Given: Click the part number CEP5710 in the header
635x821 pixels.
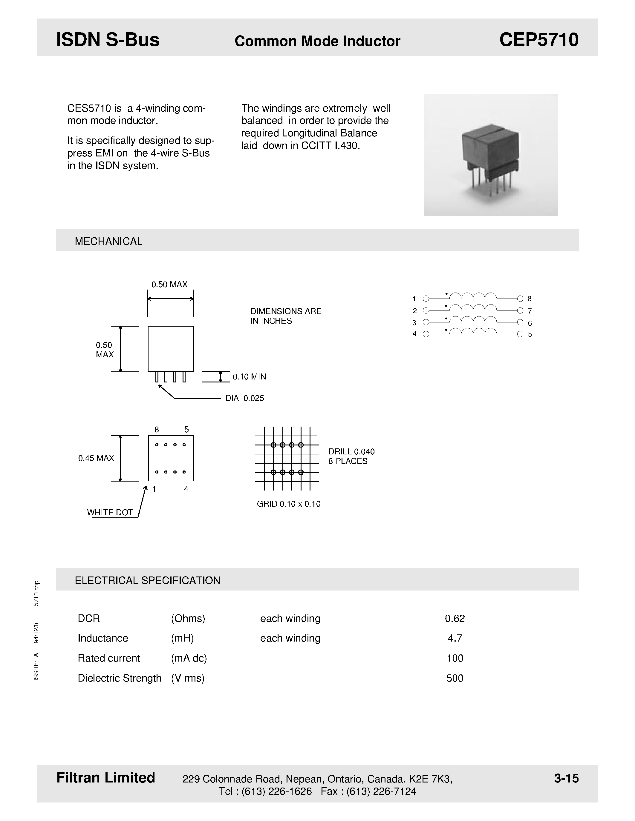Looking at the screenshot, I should tap(539, 40).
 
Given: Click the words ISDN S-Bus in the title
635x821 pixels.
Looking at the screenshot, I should tap(108, 40).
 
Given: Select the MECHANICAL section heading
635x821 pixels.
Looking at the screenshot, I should tap(108, 241).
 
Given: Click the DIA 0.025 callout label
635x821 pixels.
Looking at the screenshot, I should tap(244, 398).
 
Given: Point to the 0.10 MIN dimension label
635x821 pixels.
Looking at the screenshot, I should tap(249, 377).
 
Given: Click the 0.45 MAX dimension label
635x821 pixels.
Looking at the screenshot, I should tap(96, 458).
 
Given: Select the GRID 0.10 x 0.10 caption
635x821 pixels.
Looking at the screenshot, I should tap(289, 504).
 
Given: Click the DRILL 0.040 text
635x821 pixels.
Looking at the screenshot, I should tap(351, 451).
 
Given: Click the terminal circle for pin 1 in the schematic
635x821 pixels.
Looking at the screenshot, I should tap(426, 299).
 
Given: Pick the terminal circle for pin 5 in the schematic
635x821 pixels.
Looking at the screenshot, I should tap(520, 334).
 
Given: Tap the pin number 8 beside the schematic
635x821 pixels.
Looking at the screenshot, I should tap(530, 299).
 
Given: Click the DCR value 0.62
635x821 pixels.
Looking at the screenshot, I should tap(455, 618).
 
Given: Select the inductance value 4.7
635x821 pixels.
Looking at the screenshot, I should tap(455, 638).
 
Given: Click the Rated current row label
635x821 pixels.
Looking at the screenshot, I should tap(109, 658).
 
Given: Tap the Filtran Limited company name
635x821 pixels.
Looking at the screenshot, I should tap(106, 777).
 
